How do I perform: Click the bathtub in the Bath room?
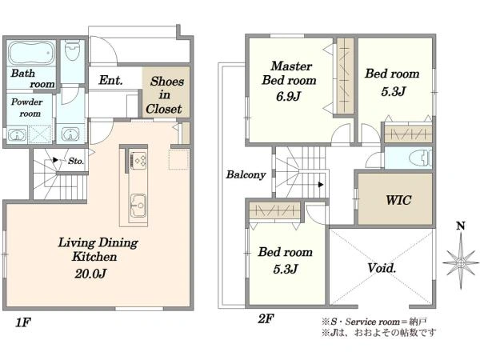[x=31, y=53]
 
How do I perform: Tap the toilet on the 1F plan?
[x=73, y=51]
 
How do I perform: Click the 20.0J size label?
[x=90, y=274]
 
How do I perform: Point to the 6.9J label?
[x=288, y=97]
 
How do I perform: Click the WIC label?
[x=398, y=200]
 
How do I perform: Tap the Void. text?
[x=382, y=269]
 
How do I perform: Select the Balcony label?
[x=246, y=174]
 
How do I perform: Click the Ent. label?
[x=111, y=80]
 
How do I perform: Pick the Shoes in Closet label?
[x=166, y=95]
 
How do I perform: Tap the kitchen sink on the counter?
[x=138, y=206]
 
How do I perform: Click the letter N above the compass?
[x=461, y=226]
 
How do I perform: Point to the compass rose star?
[x=461, y=263]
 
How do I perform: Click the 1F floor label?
[x=23, y=322]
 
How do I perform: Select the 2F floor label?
[x=266, y=319]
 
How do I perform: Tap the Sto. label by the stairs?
[x=76, y=161]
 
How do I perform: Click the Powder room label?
[x=27, y=108]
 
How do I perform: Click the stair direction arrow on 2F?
[x=321, y=185]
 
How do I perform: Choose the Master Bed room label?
[x=289, y=73]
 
